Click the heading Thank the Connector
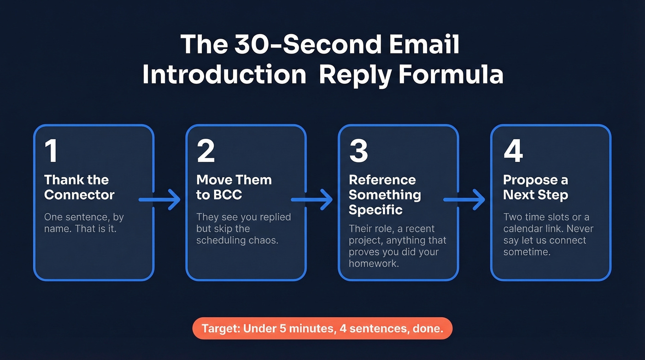pos(79,187)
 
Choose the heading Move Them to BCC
pos(234,187)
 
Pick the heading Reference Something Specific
pos(385,195)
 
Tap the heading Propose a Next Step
pos(535,187)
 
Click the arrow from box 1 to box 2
pos(160,200)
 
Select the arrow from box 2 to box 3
pos(312,200)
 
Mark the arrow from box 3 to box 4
pos(464,200)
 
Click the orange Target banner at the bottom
pos(322,328)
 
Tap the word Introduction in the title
pos(224,75)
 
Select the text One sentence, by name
pos(83,222)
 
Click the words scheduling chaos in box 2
pos(237,240)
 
